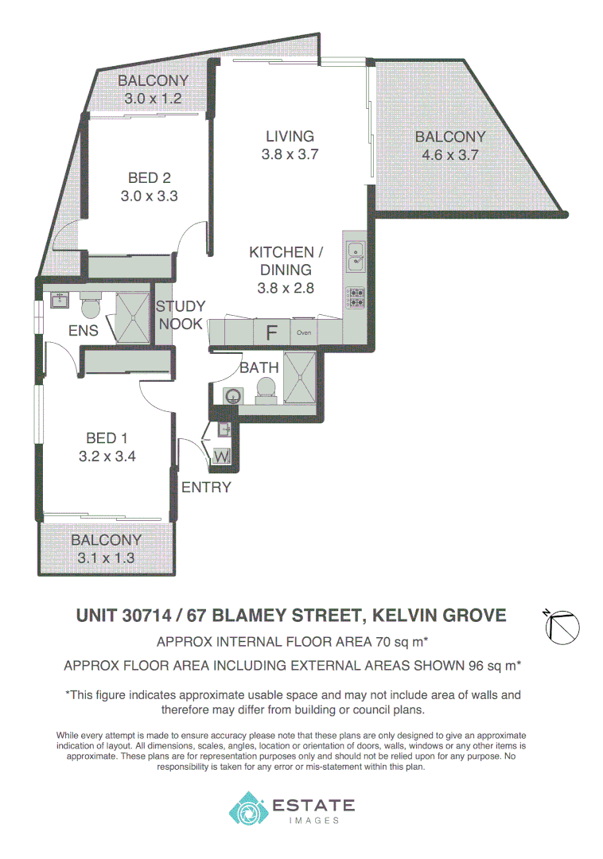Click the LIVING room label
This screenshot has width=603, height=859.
tap(290, 136)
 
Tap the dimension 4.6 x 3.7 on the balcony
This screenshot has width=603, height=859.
tap(449, 155)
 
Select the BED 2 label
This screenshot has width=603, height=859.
tap(149, 179)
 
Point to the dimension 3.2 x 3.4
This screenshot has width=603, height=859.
tap(107, 457)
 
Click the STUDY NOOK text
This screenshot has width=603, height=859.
tap(180, 315)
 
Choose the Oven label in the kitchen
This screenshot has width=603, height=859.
tap(304, 332)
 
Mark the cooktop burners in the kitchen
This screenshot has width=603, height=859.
tap(355, 297)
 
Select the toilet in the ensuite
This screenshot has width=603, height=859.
tap(91, 305)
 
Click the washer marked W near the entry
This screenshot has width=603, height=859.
tap(220, 457)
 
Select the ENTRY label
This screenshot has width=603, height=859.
tap(206, 488)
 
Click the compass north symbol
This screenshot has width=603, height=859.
tap(564, 626)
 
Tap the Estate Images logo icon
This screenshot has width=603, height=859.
tap(247, 808)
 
